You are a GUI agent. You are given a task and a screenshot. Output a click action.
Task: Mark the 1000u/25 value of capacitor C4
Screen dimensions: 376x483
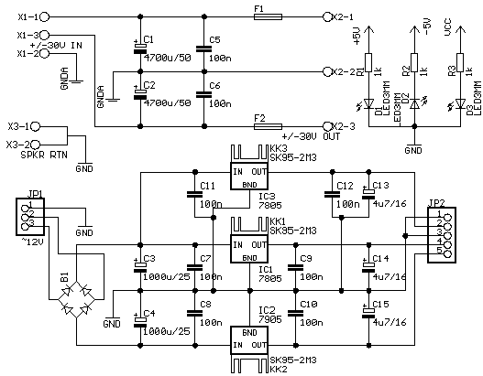pos(166,322)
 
